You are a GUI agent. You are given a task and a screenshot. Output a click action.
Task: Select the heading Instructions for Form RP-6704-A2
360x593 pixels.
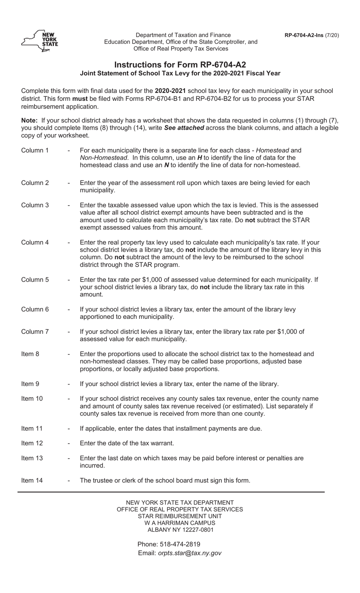(180, 64)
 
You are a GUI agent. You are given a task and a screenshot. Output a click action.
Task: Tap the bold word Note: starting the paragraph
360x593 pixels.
(29, 121)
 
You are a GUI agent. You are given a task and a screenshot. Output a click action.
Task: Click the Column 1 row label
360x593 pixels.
(35, 150)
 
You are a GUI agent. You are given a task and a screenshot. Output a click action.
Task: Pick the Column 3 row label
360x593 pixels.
(35, 205)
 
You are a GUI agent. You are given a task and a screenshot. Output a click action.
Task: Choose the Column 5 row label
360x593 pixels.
(35, 279)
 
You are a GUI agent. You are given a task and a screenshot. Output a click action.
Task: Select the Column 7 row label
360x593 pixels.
(35, 331)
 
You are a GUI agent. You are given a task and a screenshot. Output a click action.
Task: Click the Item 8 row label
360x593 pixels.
(30, 354)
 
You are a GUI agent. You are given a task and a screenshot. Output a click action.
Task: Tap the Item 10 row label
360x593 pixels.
(32, 398)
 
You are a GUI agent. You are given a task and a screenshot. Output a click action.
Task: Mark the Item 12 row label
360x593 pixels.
(32, 443)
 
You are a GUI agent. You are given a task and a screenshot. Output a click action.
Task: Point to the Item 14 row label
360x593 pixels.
(32, 480)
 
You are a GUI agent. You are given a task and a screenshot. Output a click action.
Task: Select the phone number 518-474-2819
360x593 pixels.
(180, 544)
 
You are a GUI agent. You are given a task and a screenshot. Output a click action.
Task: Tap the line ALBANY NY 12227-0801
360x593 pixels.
(180, 530)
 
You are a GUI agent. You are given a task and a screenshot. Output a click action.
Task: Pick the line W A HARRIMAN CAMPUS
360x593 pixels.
(180, 523)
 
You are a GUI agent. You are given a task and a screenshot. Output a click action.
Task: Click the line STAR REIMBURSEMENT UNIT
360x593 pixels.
(180, 516)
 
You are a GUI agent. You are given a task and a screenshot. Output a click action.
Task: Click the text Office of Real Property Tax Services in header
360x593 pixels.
(181, 49)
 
